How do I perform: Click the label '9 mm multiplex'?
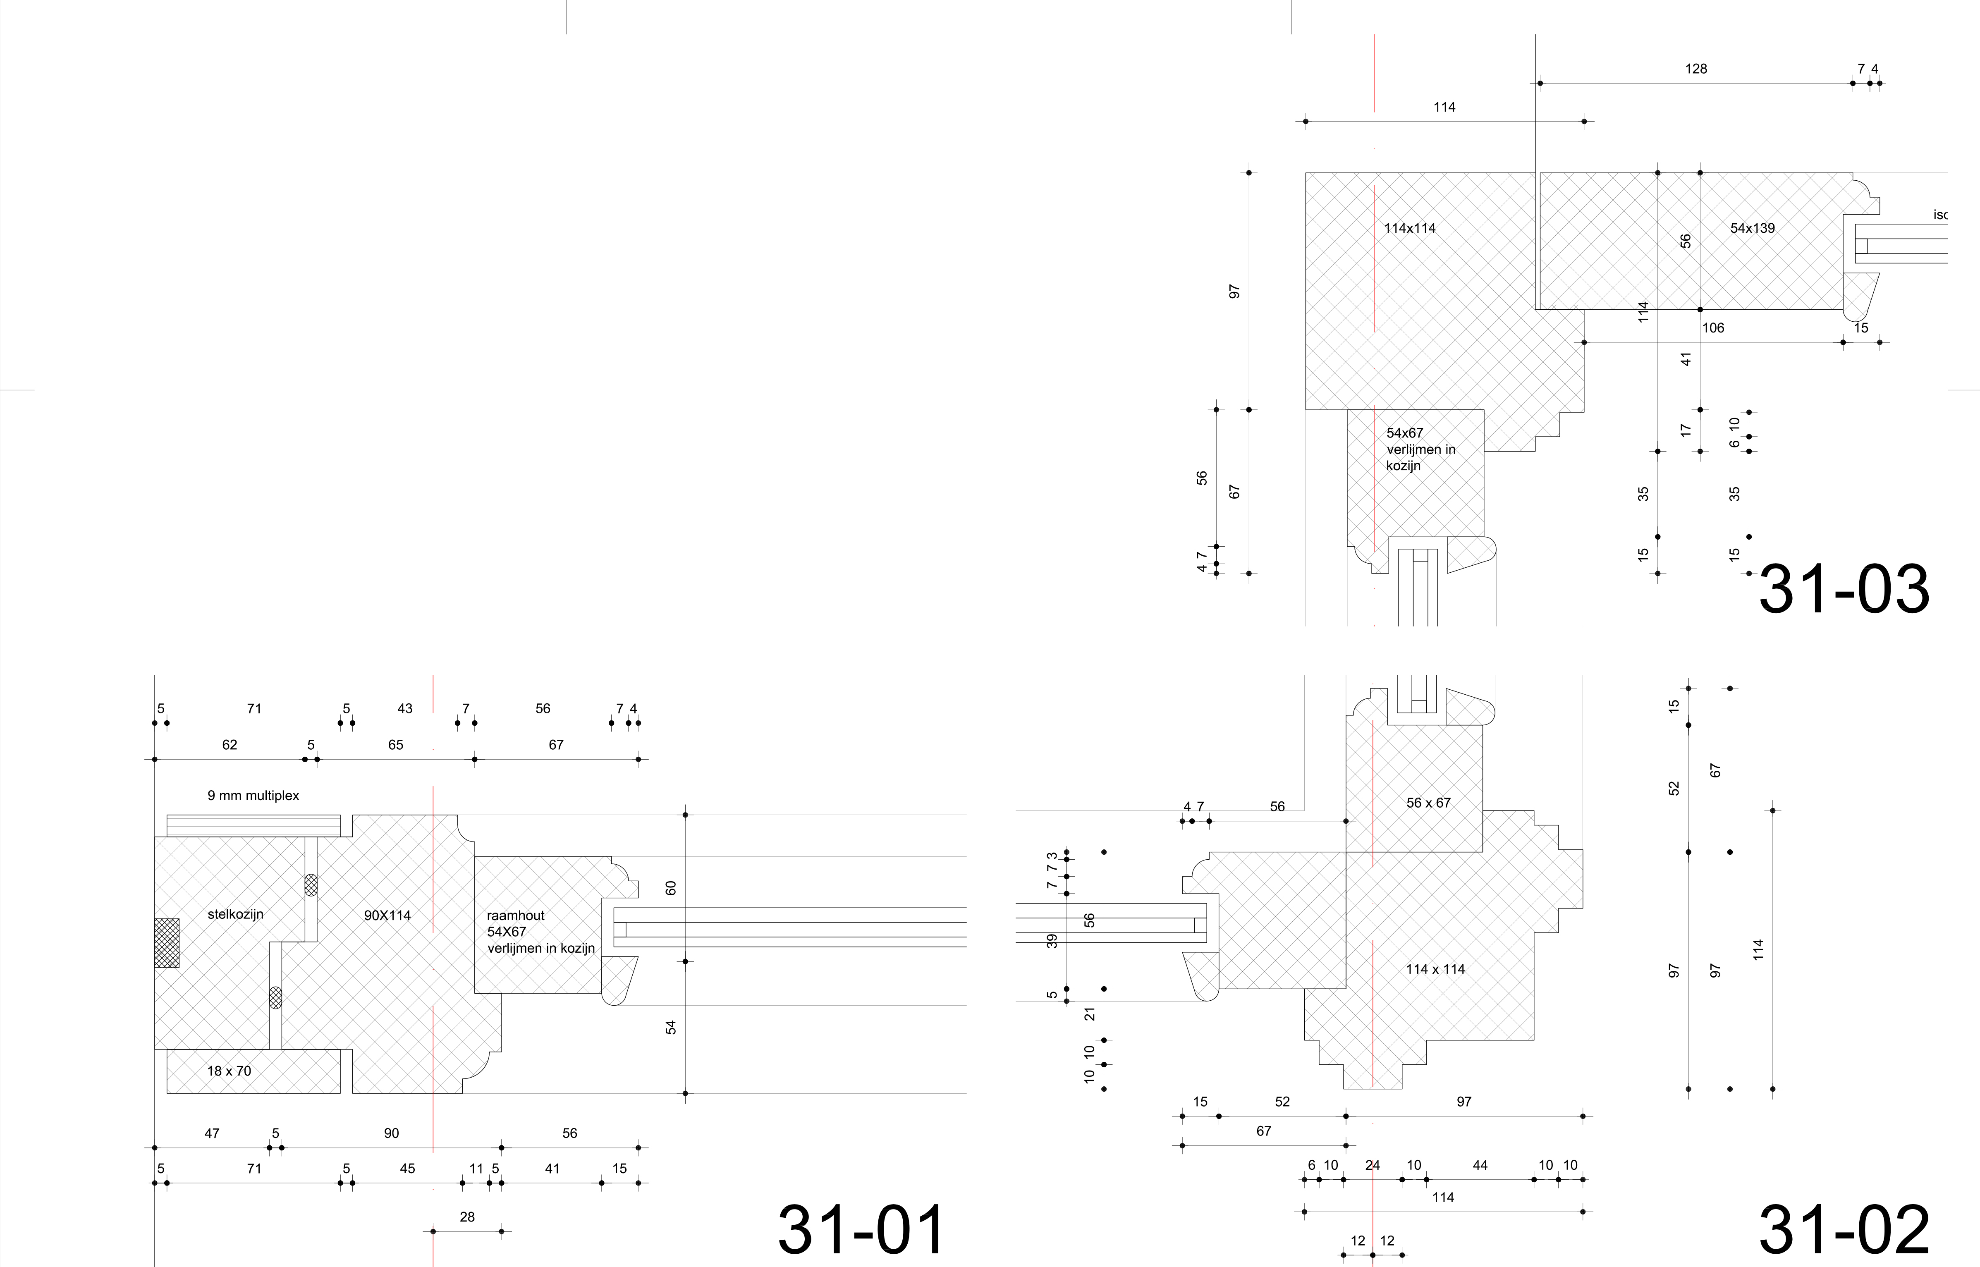(x=253, y=796)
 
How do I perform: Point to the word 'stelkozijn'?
(x=235, y=914)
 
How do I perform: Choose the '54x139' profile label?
(x=1752, y=228)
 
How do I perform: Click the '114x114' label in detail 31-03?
(x=1410, y=228)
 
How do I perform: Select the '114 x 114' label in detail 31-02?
(x=1435, y=969)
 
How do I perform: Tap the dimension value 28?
(x=467, y=1217)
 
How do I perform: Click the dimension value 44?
(x=1480, y=1165)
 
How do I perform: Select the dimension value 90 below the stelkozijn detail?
(x=392, y=1133)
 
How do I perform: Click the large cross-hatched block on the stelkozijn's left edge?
(x=167, y=943)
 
